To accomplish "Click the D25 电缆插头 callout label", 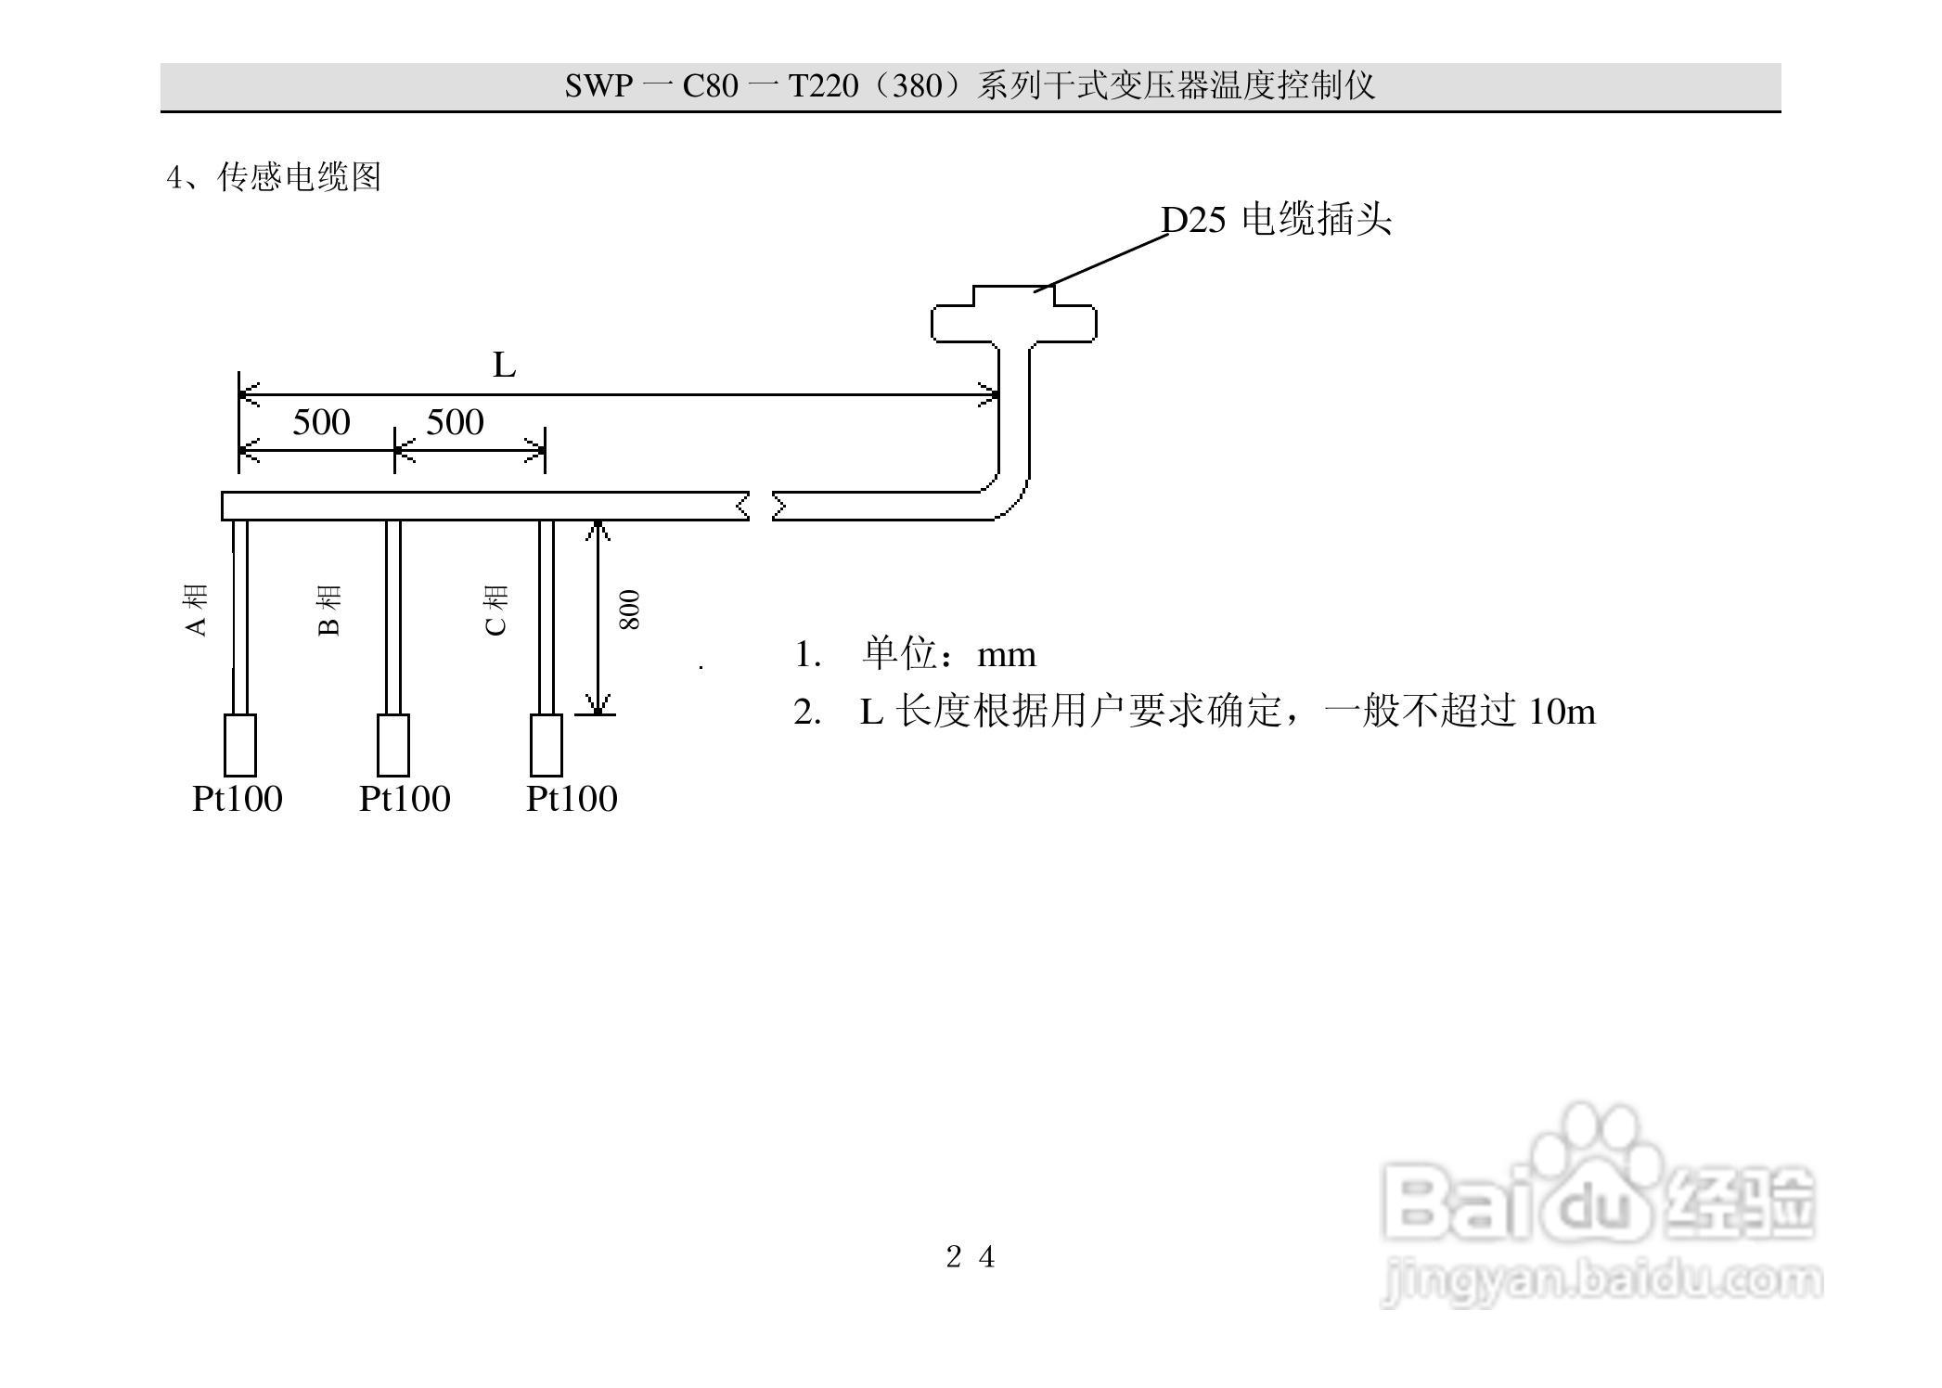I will click(1276, 220).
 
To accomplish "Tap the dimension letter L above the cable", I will click(504, 366).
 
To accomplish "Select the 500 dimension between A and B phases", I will click(321, 423).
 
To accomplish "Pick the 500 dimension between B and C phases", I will click(455, 423).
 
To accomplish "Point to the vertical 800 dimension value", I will click(629, 610).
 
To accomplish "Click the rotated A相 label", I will click(196, 610).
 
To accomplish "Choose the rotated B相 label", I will click(329, 610).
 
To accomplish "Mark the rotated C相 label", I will click(496, 610).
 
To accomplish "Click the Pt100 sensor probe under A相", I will click(240, 744).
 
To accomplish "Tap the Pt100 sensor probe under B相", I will click(393, 744).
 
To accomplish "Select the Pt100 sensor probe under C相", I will click(547, 744).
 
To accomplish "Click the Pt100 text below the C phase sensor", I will click(572, 799).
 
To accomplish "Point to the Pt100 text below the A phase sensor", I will click(238, 799).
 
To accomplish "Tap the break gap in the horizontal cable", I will click(762, 507).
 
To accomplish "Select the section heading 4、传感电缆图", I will click(274, 176).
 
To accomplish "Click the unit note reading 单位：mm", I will click(948, 655).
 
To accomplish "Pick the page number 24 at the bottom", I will click(971, 1257).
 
